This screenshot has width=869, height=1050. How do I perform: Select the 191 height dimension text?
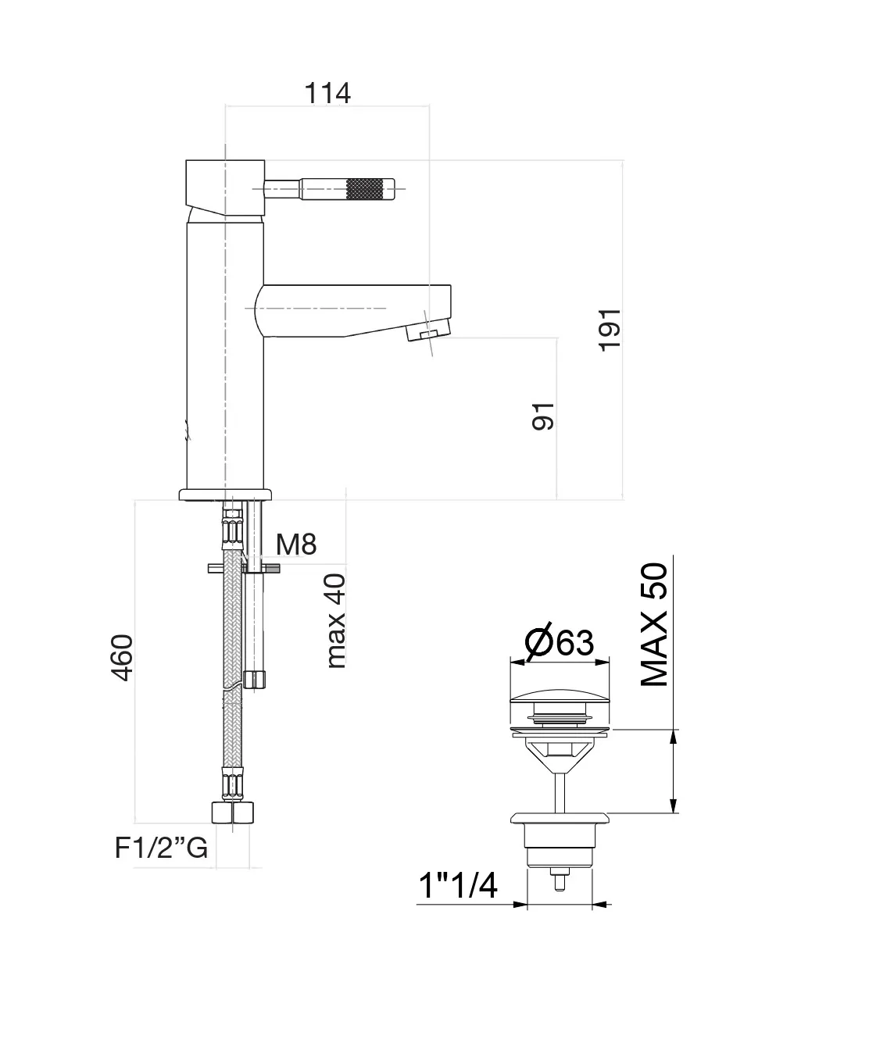[610, 328]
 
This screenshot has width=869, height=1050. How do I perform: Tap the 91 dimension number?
[542, 416]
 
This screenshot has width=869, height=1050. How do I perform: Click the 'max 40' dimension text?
[335, 620]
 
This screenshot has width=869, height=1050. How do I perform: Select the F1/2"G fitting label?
[162, 848]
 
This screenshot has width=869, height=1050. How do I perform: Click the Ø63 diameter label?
[560, 642]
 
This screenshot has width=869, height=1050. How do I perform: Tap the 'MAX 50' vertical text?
[655, 625]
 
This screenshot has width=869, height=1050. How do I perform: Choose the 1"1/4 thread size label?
[458, 886]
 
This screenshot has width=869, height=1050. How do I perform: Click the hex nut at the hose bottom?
[233, 812]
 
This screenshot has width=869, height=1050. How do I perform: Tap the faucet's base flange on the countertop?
[225, 494]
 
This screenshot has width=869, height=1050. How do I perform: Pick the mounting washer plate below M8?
[244, 568]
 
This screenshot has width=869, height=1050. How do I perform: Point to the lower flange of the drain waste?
[560, 819]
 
